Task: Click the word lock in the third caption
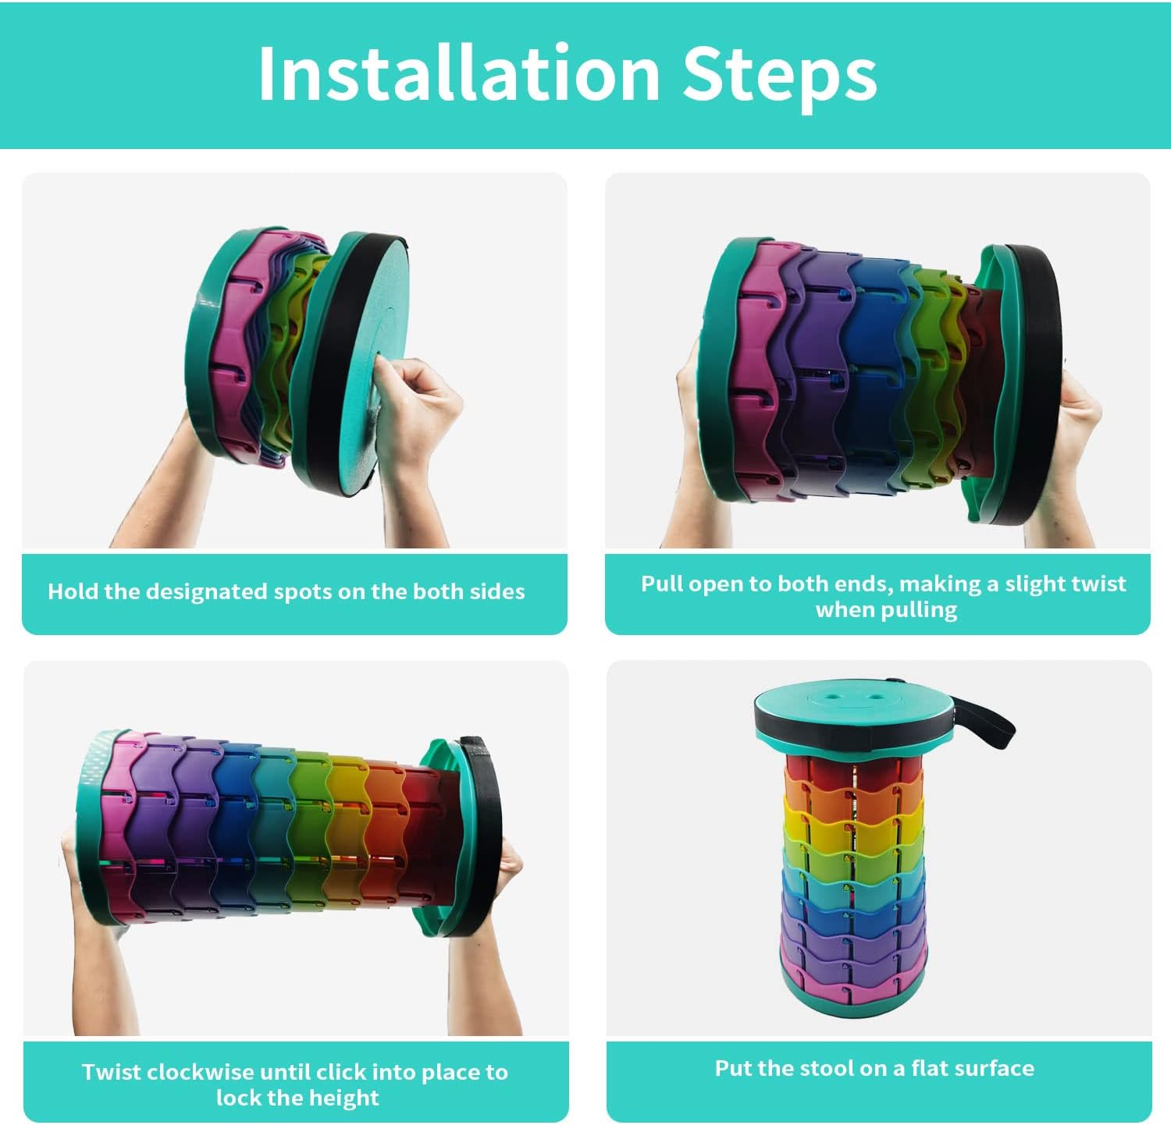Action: point(238,1098)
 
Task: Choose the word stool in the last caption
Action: point(826,1068)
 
